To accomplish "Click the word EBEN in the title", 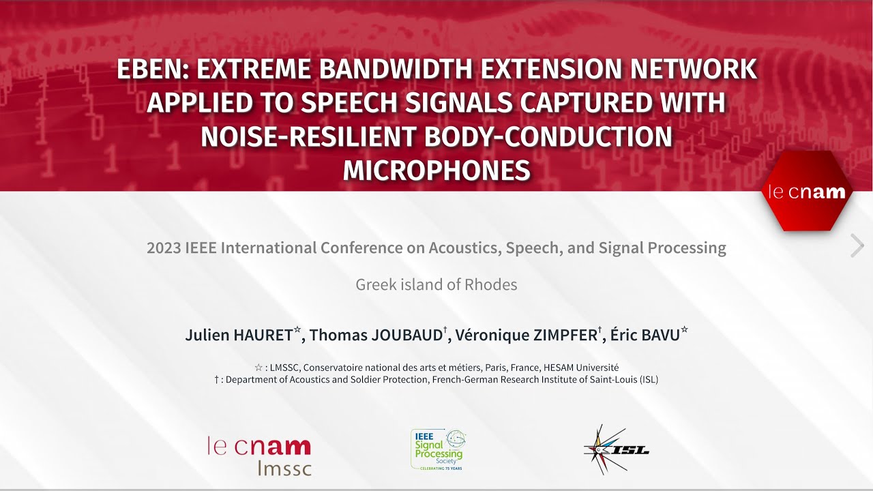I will point(151,70).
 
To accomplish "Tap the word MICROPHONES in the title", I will point(436,170).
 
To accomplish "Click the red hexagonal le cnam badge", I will point(807,192).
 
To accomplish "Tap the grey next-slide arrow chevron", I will point(857,245).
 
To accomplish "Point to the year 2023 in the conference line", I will point(164,248).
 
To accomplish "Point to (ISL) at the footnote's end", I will point(649,380).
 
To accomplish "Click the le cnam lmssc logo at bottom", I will point(259,455).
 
